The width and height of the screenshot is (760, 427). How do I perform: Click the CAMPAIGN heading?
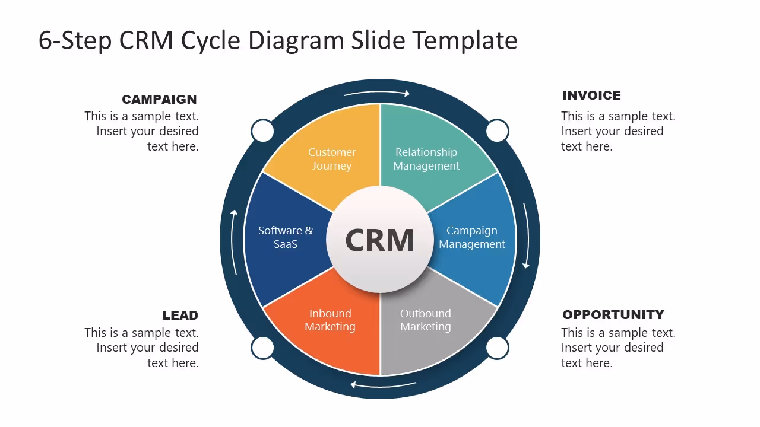[x=159, y=100]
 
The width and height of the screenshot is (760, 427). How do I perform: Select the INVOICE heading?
[x=591, y=95]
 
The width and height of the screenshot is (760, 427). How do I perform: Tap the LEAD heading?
[x=180, y=316]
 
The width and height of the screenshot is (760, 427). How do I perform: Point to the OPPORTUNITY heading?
[x=613, y=315]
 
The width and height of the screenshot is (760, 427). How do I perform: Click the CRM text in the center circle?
[x=379, y=241]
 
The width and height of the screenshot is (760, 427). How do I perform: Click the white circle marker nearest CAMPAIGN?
[x=262, y=131]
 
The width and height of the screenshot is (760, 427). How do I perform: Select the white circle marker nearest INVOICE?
[x=498, y=131]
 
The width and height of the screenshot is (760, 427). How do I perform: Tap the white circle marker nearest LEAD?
[x=262, y=348]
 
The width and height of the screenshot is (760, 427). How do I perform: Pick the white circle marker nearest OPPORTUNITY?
[x=498, y=348]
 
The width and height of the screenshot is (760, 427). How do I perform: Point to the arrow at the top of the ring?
[x=377, y=93]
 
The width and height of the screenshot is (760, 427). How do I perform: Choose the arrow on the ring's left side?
[x=235, y=242]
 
